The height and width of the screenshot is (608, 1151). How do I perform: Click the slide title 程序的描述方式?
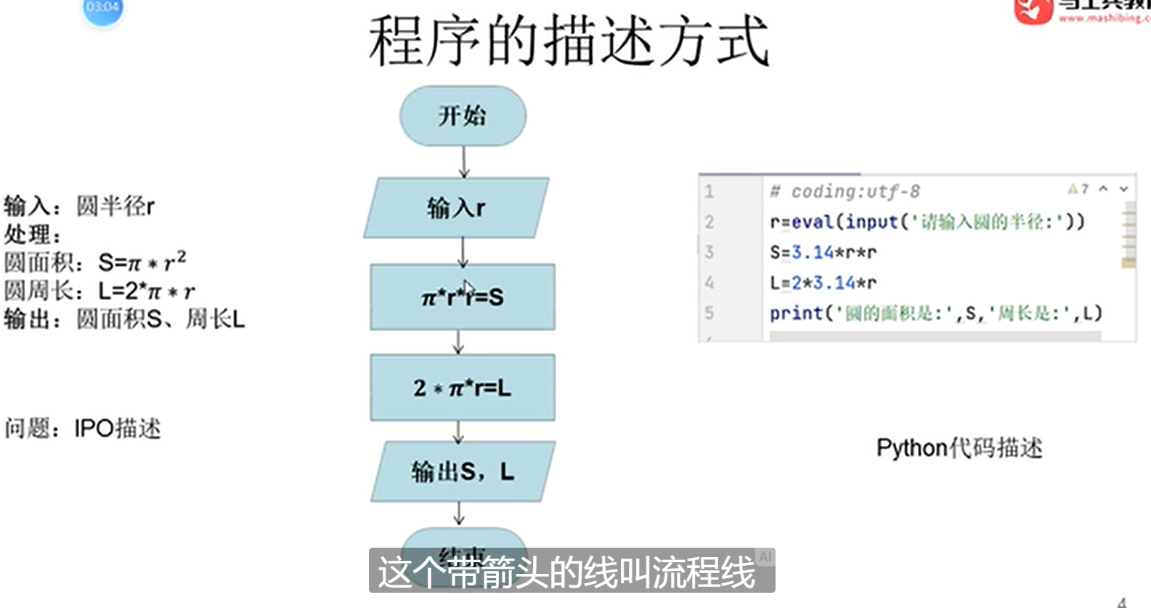[x=568, y=42]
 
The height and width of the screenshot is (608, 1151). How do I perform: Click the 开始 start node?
[x=463, y=115]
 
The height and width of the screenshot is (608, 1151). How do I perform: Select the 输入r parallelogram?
[x=456, y=208]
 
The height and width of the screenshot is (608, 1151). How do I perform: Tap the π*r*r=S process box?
[x=463, y=297]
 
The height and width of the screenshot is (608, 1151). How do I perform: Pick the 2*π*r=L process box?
[x=463, y=388]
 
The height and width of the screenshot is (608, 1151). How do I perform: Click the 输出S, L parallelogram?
[x=463, y=471]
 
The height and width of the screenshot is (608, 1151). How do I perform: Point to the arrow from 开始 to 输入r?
[x=464, y=162]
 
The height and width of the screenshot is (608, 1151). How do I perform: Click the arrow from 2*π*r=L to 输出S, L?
[x=458, y=431]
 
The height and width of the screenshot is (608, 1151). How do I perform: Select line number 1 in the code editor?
[x=709, y=192]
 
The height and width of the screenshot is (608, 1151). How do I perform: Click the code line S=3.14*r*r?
[x=823, y=253]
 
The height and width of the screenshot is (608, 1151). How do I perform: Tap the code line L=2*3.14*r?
[x=823, y=283]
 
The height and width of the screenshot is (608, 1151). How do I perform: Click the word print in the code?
[x=796, y=313]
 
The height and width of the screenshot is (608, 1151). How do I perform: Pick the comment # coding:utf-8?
[x=845, y=192]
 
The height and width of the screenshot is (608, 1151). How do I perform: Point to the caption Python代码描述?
[x=959, y=448]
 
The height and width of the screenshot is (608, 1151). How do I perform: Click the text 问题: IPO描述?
[x=82, y=429]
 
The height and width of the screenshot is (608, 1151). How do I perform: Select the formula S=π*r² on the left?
[x=142, y=262]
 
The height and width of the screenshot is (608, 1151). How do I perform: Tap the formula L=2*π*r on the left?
[x=146, y=291]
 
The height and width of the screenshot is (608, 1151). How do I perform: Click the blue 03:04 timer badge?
[x=102, y=9]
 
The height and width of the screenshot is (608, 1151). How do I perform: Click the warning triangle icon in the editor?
[x=1072, y=190]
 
